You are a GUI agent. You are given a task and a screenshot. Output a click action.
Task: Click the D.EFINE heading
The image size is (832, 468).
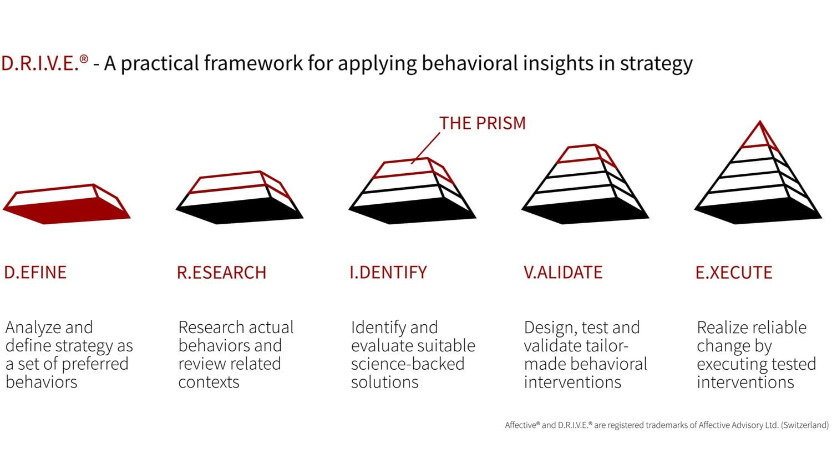point(35,272)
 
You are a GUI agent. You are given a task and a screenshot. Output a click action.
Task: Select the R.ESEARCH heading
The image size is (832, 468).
point(221,273)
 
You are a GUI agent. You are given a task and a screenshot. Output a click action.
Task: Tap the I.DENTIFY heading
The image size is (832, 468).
point(388,272)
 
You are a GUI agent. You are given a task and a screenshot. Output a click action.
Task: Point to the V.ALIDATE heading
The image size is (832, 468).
point(563,272)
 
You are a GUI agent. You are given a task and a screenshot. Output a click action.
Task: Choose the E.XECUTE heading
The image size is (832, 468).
point(734,272)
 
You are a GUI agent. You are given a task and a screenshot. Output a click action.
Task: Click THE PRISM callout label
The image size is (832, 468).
point(482,123)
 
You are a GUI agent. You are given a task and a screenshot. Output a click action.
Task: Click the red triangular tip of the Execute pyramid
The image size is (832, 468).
point(759,136)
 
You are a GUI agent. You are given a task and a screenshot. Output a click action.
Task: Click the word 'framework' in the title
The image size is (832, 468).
point(253,63)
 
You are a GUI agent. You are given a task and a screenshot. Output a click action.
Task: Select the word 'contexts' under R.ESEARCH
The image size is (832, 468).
point(209,382)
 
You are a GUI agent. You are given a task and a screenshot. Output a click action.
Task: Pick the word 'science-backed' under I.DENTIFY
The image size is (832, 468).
point(407,364)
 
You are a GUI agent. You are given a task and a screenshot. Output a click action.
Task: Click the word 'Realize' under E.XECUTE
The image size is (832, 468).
point(721,328)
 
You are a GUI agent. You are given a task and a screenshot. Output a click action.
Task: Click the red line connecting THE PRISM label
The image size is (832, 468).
point(426,147)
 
